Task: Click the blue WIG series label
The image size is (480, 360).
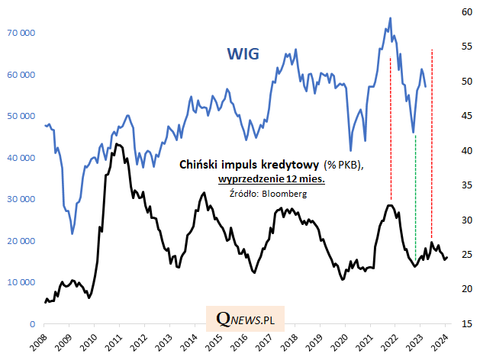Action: pos(243,54)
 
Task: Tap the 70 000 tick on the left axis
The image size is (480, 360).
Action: pos(20,34)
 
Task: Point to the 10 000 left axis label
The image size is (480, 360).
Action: pos(20,282)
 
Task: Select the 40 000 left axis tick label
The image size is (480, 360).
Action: pos(20,158)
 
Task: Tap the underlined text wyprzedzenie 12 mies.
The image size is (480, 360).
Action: pos(271,179)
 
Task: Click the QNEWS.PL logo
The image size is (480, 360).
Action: pos(245,319)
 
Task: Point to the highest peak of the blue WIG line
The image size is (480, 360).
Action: pos(391,18)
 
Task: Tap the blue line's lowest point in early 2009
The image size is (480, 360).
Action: pos(72,233)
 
